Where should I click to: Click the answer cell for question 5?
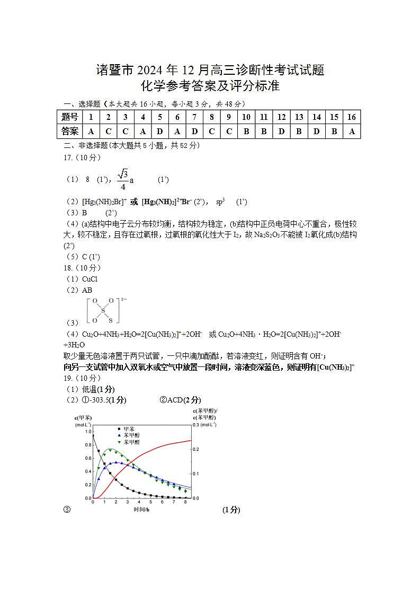(x=160, y=131)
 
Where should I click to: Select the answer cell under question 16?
(x=352, y=131)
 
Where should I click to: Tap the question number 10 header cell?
(x=246, y=117)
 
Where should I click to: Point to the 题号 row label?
(x=69, y=117)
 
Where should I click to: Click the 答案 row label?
(x=69, y=131)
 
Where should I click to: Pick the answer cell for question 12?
(x=281, y=131)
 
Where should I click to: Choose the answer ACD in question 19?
(x=175, y=400)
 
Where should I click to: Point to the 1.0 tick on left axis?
(x=88, y=432)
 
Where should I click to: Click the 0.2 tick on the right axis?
(x=195, y=449)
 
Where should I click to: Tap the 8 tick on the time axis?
(x=185, y=502)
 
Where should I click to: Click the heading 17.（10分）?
(x=82, y=157)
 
